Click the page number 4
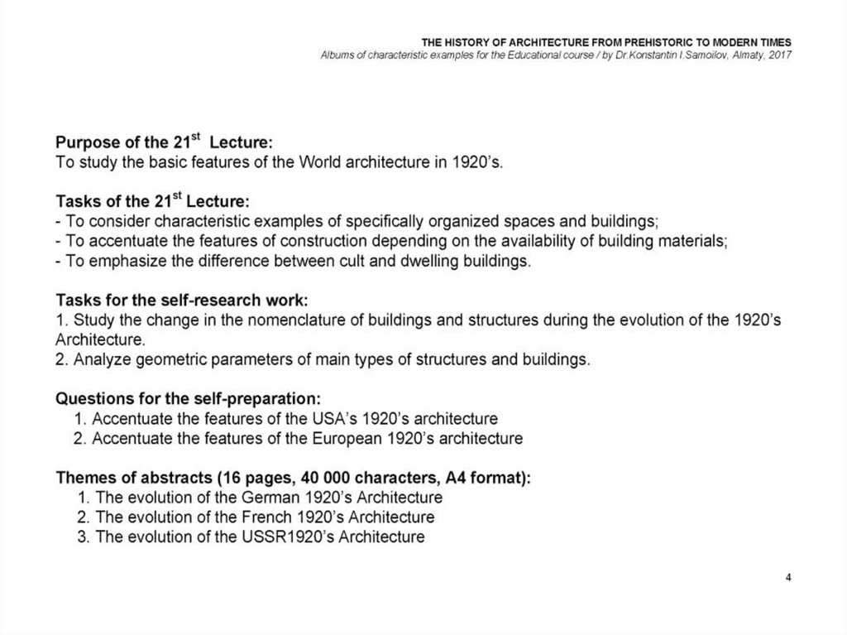click(788, 577)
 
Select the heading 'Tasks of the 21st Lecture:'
click(152, 203)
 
